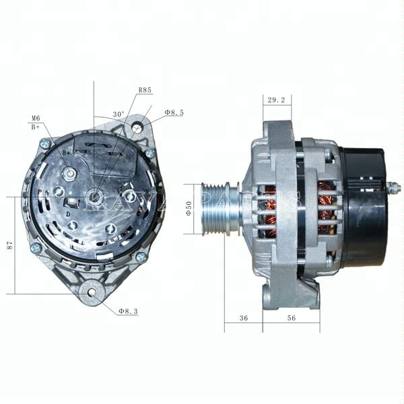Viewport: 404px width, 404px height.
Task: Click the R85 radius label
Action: point(145,90)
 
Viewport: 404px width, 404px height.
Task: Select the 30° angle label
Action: point(119,114)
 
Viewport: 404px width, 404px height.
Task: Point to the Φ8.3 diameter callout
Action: point(128,311)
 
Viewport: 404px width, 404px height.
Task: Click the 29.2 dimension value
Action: point(276,100)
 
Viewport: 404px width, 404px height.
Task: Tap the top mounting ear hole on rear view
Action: point(138,127)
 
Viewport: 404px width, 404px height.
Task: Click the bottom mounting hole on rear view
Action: point(90,293)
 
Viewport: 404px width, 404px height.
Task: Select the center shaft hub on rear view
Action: point(96,197)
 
